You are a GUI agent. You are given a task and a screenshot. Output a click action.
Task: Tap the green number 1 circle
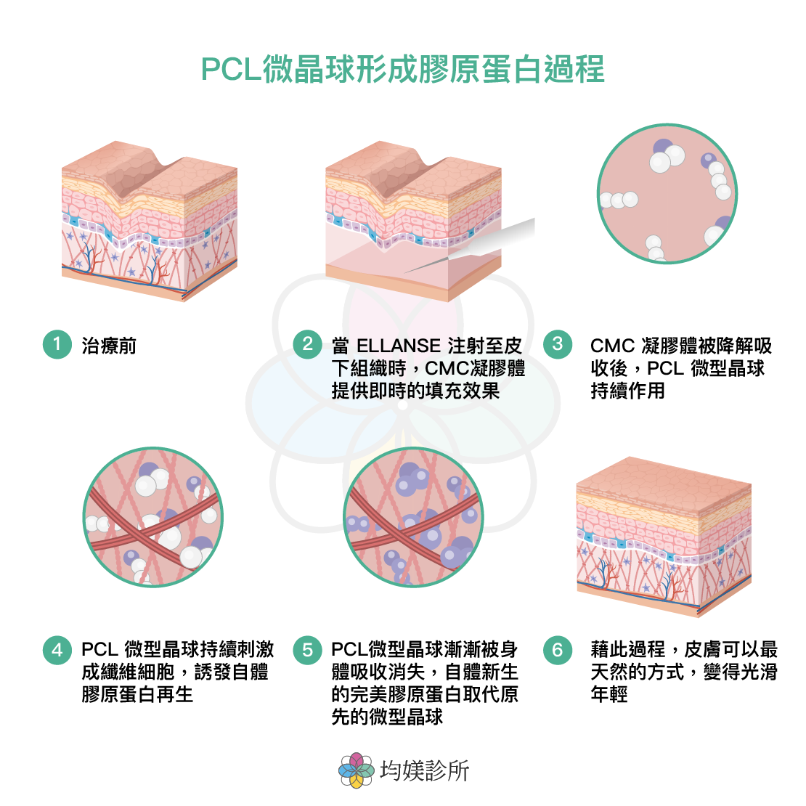[57, 343]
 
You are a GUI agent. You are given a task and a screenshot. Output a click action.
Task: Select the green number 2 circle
[307, 343]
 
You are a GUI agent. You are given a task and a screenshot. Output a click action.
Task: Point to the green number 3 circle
[557, 343]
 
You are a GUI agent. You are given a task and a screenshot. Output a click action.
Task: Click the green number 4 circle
[57, 648]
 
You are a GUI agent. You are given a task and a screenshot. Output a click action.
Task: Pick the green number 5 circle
[307, 648]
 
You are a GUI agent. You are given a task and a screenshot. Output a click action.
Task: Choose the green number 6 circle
[557, 648]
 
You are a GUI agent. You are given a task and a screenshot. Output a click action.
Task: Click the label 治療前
[109, 346]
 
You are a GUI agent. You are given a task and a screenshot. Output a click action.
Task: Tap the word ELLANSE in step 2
[399, 346]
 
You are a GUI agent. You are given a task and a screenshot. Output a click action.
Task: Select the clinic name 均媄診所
[425, 770]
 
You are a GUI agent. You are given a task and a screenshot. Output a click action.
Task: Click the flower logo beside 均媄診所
[356, 770]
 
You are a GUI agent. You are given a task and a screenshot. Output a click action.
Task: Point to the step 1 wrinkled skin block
[149, 218]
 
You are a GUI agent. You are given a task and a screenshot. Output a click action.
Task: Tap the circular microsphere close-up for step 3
[667, 193]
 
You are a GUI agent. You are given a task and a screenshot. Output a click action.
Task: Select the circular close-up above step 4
[152, 517]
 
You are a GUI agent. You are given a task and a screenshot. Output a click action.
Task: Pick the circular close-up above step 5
[412, 517]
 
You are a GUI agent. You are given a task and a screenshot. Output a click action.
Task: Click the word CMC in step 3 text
[612, 346]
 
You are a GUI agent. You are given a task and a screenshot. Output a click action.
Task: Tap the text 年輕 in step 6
[608, 694]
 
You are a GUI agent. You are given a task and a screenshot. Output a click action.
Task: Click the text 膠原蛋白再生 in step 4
[137, 694]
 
